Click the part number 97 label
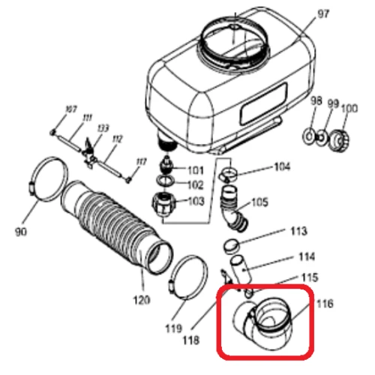pos(323,14)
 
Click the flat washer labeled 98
pos(310,136)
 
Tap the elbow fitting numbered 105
pos(234,211)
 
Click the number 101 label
pos(196,170)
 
